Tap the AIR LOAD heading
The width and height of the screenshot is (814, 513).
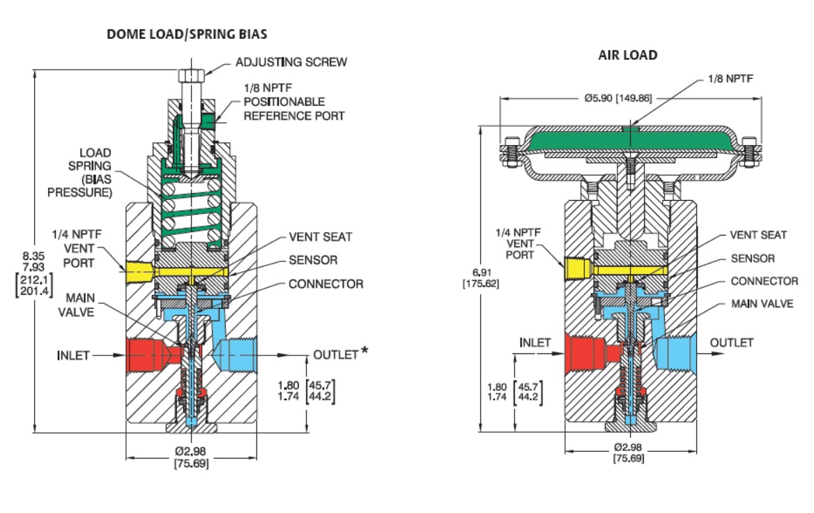[x=627, y=55]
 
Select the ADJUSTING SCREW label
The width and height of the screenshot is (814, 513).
[x=292, y=62]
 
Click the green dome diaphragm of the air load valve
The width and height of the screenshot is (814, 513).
[x=627, y=144]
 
